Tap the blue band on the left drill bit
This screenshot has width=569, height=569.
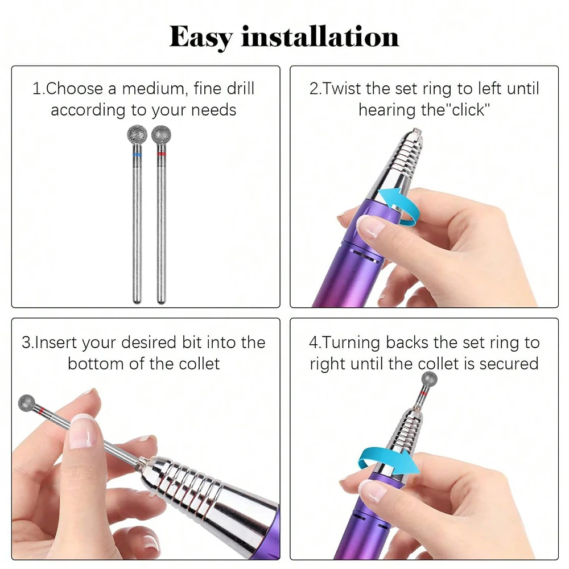[x=137, y=154]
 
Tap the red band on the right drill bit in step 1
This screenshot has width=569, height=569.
[x=161, y=154]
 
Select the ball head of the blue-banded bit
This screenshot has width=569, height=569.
[x=137, y=135]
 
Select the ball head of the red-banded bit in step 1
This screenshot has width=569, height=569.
[x=161, y=135]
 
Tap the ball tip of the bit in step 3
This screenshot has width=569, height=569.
[x=26, y=402]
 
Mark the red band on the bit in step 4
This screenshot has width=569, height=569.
[x=424, y=394]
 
